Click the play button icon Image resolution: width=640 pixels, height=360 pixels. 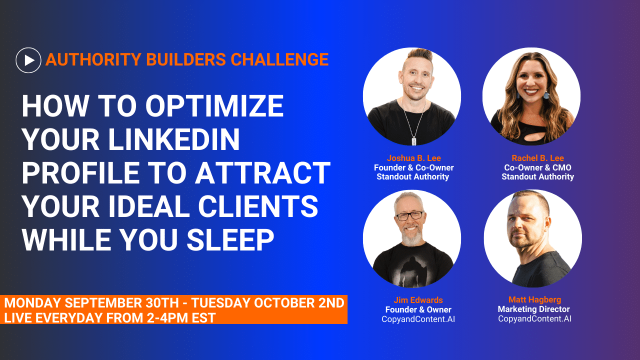(28, 60)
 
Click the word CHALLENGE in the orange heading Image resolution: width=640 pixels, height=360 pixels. (279, 59)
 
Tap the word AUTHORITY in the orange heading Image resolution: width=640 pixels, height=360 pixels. (93, 59)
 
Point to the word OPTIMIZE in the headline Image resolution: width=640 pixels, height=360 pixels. (214, 106)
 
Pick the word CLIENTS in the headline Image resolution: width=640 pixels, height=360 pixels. (258, 206)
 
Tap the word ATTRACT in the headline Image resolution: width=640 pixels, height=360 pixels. (262, 173)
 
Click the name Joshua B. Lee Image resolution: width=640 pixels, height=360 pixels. (413, 158)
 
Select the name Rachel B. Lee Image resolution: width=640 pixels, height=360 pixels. (537, 158)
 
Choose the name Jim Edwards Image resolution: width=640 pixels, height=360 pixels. (418, 300)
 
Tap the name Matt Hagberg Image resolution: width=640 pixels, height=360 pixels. (535, 299)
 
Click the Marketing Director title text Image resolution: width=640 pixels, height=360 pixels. (533, 309)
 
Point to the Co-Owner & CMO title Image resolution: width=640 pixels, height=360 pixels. (537, 167)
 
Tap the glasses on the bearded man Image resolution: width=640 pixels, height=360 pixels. (409, 216)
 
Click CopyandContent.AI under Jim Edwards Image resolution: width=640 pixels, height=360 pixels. (418, 319)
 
